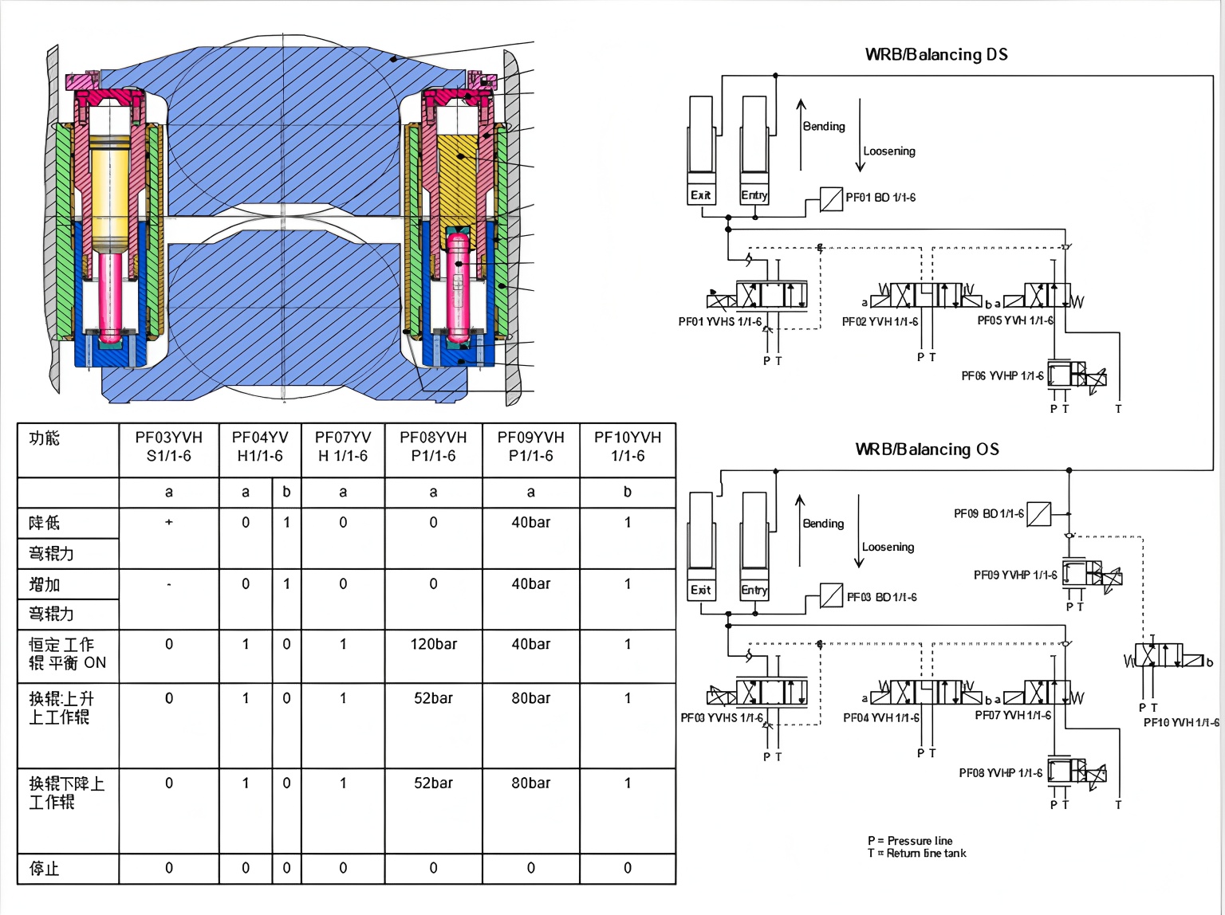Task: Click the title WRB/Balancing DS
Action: click(x=936, y=54)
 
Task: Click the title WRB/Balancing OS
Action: click(x=927, y=449)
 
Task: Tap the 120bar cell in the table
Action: click(x=433, y=644)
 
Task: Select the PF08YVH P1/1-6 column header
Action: click(x=433, y=446)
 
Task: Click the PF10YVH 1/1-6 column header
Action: click(x=628, y=446)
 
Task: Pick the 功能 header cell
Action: click(x=45, y=438)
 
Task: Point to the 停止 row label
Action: click(x=45, y=868)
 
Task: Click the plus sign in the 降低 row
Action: click(x=168, y=522)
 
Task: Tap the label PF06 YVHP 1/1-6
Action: click(x=1002, y=375)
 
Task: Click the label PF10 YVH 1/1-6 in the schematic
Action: click(x=1181, y=722)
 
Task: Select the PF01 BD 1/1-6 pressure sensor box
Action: click(x=832, y=198)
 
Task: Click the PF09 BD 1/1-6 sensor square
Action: click(x=1039, y=514)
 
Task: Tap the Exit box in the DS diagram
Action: click(x=701, y=195)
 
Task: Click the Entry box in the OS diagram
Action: click(x=754, y=590)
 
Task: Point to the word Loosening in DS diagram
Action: click(x=889, y=151)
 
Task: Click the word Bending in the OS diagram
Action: click(x=823, y=524)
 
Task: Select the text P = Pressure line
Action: click(x=910, y=840)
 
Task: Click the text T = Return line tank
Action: click(x=916, y=853)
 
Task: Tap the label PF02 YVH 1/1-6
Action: click(x=880, y=321)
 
